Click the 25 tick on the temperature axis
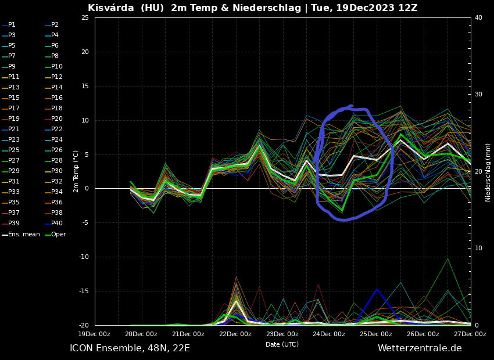[85, 18]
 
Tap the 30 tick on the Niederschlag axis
[478, 95]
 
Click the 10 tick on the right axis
[478, 249]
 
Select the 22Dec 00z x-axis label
[235, 334]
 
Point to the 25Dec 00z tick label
[376, 334]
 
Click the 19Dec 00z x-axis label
[94, 334]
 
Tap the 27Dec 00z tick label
[470, 334]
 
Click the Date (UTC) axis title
[282, 345]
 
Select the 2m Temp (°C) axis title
[76, 171]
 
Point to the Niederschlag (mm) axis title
[488, 172]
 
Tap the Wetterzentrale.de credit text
[420, 348]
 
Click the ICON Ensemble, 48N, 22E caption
[130, 348]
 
